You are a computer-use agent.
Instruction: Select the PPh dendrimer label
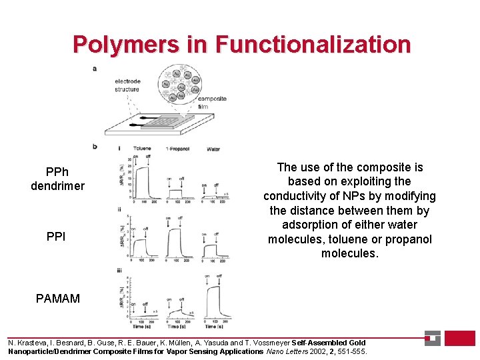tap(57, 179)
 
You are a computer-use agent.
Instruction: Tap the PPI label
tap(56, 237)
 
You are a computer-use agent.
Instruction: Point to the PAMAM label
tap(58, 299)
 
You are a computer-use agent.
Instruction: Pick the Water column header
tap(213, 149)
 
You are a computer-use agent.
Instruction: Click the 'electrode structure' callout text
tap(127, 85)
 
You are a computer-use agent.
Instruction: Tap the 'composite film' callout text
tap(212, 102)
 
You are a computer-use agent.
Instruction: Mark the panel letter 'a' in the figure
tap(94, 68)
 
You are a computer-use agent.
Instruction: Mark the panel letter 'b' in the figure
tap(94, 145)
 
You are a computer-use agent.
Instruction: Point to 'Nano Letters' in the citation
tap(287, 351)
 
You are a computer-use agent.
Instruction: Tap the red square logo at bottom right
tap(459, 338)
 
